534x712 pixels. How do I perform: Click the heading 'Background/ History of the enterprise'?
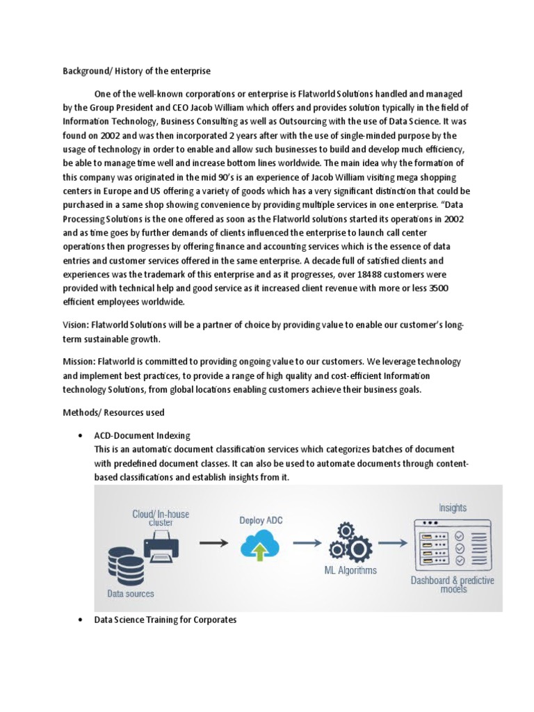[x=137, y=71]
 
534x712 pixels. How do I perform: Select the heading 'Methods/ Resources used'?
[x=114, y=412]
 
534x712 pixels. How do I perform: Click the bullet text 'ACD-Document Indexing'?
[x=142, y=435]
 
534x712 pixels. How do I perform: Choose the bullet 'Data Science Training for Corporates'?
[x=165, y=620]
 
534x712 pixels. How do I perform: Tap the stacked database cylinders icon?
[x=125, y=566]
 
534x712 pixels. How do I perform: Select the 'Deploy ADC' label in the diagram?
[x=261, y=519]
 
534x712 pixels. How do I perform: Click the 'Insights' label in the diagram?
[x=453, y=508]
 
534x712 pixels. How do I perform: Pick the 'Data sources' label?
[x=131, y=594]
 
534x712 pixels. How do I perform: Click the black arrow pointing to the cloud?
[x=213, y=543]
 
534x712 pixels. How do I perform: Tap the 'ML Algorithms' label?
[x=351, y=571]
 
